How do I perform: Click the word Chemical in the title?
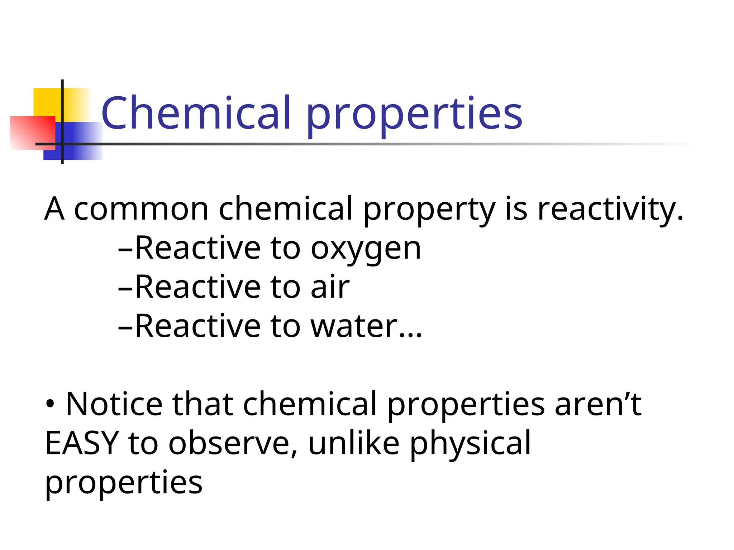(196, 113)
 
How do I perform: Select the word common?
(141, 209)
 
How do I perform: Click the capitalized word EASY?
(82, 444)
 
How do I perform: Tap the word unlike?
(353, 444)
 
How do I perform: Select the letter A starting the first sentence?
(54, 209)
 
